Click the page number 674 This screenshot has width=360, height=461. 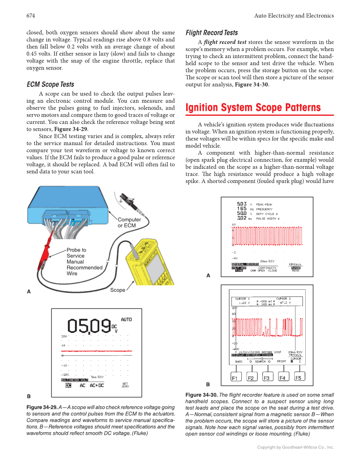click(31, 16)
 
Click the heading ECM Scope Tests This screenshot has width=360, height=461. click(50, 84)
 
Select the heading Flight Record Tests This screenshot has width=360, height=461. click(212, 33)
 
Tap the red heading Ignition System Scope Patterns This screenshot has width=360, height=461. click(253, 107)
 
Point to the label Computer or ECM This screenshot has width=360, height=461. click(129, 223)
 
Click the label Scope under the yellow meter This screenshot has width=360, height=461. click(117, 290)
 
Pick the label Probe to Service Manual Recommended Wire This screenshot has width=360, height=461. click(84, 262)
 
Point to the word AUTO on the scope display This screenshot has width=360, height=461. click(126, 319)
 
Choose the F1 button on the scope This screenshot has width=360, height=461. click(235, 378)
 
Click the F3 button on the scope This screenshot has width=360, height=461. click(267, 378)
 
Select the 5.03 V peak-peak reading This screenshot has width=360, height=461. click(242, 204)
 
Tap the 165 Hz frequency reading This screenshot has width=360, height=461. click(242, 209)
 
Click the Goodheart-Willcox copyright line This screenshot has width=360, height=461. click(296, 447)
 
